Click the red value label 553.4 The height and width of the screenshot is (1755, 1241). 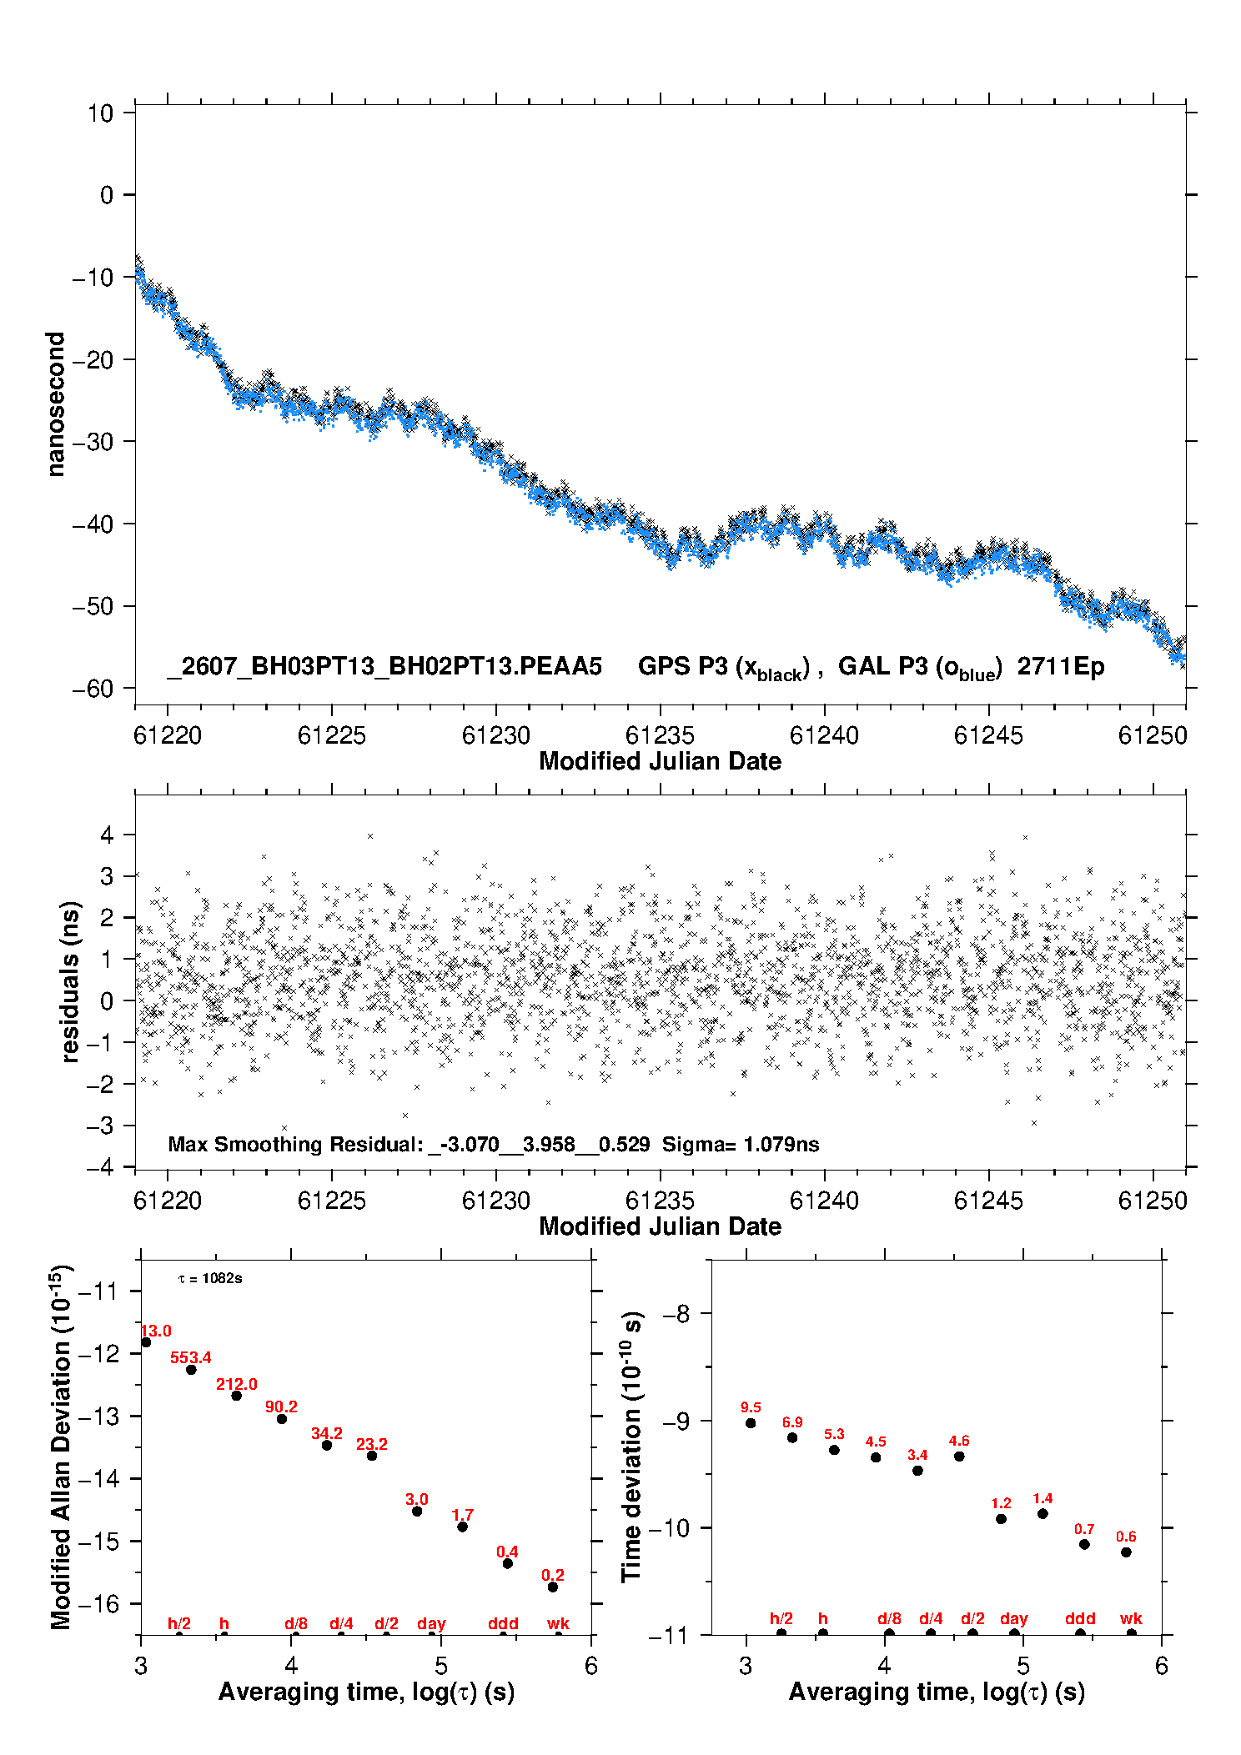pos(191,1358)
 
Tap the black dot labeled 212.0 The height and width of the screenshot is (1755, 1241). pos(236,1396)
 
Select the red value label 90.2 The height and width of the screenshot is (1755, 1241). pos(281,1407)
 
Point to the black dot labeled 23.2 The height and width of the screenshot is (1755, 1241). pos(372,1456)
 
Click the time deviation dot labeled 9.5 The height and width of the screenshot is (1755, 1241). pos(751,1423)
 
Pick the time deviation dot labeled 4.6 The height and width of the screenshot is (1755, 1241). pos(959,1457)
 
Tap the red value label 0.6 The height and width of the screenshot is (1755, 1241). pos(1126,1537)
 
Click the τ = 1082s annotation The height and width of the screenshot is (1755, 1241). pos(210,1279)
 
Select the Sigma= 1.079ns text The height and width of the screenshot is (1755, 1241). pos(741,1145)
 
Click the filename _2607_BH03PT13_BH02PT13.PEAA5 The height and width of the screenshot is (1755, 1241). pos(384,666)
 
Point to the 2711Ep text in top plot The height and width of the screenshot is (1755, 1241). pos(1061,667)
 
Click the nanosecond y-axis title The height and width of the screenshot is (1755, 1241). pos(56,404)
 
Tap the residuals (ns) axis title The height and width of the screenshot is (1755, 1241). pos(71,982)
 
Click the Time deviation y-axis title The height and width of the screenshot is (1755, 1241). pos(631,1447)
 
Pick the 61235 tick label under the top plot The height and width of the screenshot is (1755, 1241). pos(660,736)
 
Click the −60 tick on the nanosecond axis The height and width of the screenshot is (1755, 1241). pos(93,689)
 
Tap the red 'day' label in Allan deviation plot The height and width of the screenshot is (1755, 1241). pos(431,1624)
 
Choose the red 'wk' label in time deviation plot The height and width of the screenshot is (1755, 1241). pos(1131,1619)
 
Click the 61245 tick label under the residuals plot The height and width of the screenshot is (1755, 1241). pos(988,1201)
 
